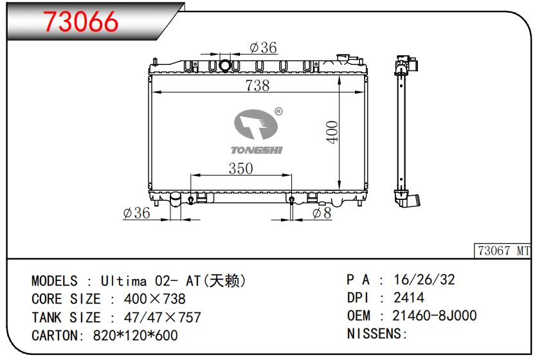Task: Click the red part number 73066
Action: pyautogui.click(x=80, y=21)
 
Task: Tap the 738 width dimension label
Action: pyautogui.click(x=257, y=85)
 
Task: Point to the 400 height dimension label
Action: pyautogui.click(x=332, y=132)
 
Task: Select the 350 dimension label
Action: pyautogui.click(x=240, y=168)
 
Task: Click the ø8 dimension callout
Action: pyautogui.click(x=322, y=213)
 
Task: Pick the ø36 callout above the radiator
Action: pyautogui.click(x=264, y=48)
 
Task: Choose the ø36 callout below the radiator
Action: pyautogui.click(x=137, y=213)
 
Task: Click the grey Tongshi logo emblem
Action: pyautogui.click(x=256, y=124)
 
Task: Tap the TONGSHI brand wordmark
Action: pyautogui.click(x=257, y=150)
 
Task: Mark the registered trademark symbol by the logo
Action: pyautogui.click(x=278, y=112)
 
